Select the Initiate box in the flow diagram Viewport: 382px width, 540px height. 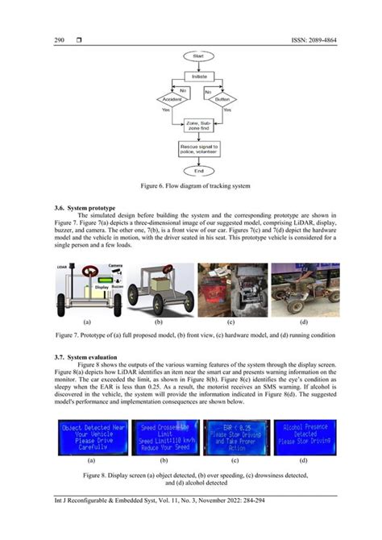coord(199,76)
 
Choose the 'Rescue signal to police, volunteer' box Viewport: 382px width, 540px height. coord(199,149)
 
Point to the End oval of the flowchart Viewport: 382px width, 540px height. coord(199,171)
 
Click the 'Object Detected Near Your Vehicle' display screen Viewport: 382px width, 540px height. coord(89,438)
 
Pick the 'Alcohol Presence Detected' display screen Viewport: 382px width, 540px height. coord(304,438)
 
